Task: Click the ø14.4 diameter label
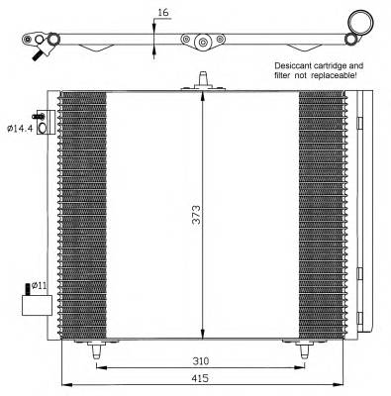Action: pos(20,128)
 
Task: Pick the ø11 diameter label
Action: pos(40,285)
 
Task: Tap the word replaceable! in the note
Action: pos(340,74)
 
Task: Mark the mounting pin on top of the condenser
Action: pos(202,79)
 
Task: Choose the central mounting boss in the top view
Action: pos(202,42)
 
